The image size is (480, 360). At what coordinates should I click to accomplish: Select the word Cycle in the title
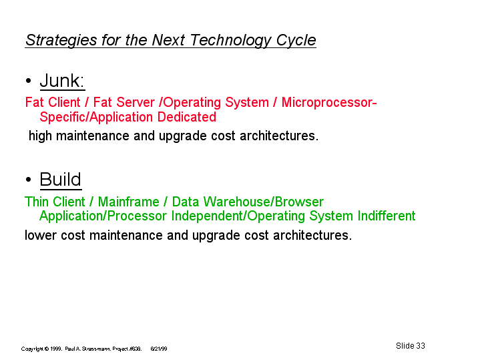pyautogui.click(x=296, y=40)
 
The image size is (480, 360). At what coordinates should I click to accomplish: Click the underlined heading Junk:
pyautogui.click(x=62, y=81)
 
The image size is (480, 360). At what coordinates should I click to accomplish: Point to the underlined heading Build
pyautogui.click(x=61, y=179)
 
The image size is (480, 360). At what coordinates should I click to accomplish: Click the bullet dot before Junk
pyautogui.click(x=29, y=81)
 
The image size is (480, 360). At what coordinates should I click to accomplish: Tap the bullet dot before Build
pyautogui.click(x=29, y=180)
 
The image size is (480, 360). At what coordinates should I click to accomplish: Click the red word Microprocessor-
pyautogui.click(x=329, y=103)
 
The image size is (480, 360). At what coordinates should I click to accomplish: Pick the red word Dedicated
pyautogui.click(x=187, y=117)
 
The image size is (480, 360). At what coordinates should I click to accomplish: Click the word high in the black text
pyautogui.click(x=40, y=136)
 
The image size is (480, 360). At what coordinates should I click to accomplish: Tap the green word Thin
pyautogui.click(x=37, y=202)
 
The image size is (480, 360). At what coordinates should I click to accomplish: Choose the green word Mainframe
pyautogui.click(x=129, y=202)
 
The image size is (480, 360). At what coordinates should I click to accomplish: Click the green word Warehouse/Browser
pyautogui.click(x=264, y=202)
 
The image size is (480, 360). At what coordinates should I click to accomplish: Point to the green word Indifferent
pyautogui.click(x=387, y=216)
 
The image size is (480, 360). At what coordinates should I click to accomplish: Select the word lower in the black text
pyautogui.click(x=40, y=235)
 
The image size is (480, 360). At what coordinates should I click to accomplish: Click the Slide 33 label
pyautogui.click(x=410, y=346)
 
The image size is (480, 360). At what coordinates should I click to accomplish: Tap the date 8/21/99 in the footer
pyautogui.click(x=159, y=349)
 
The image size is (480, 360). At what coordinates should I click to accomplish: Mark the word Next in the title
pyautogui.click(x=168, y=40)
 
